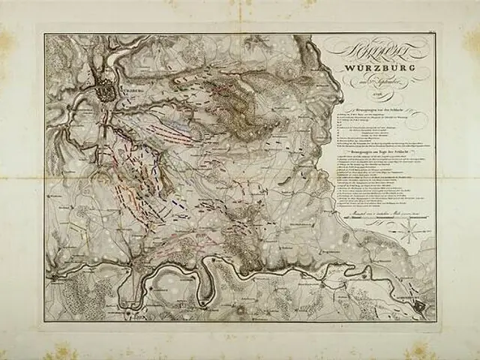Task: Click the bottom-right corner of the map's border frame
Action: click(x=437, y=322)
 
